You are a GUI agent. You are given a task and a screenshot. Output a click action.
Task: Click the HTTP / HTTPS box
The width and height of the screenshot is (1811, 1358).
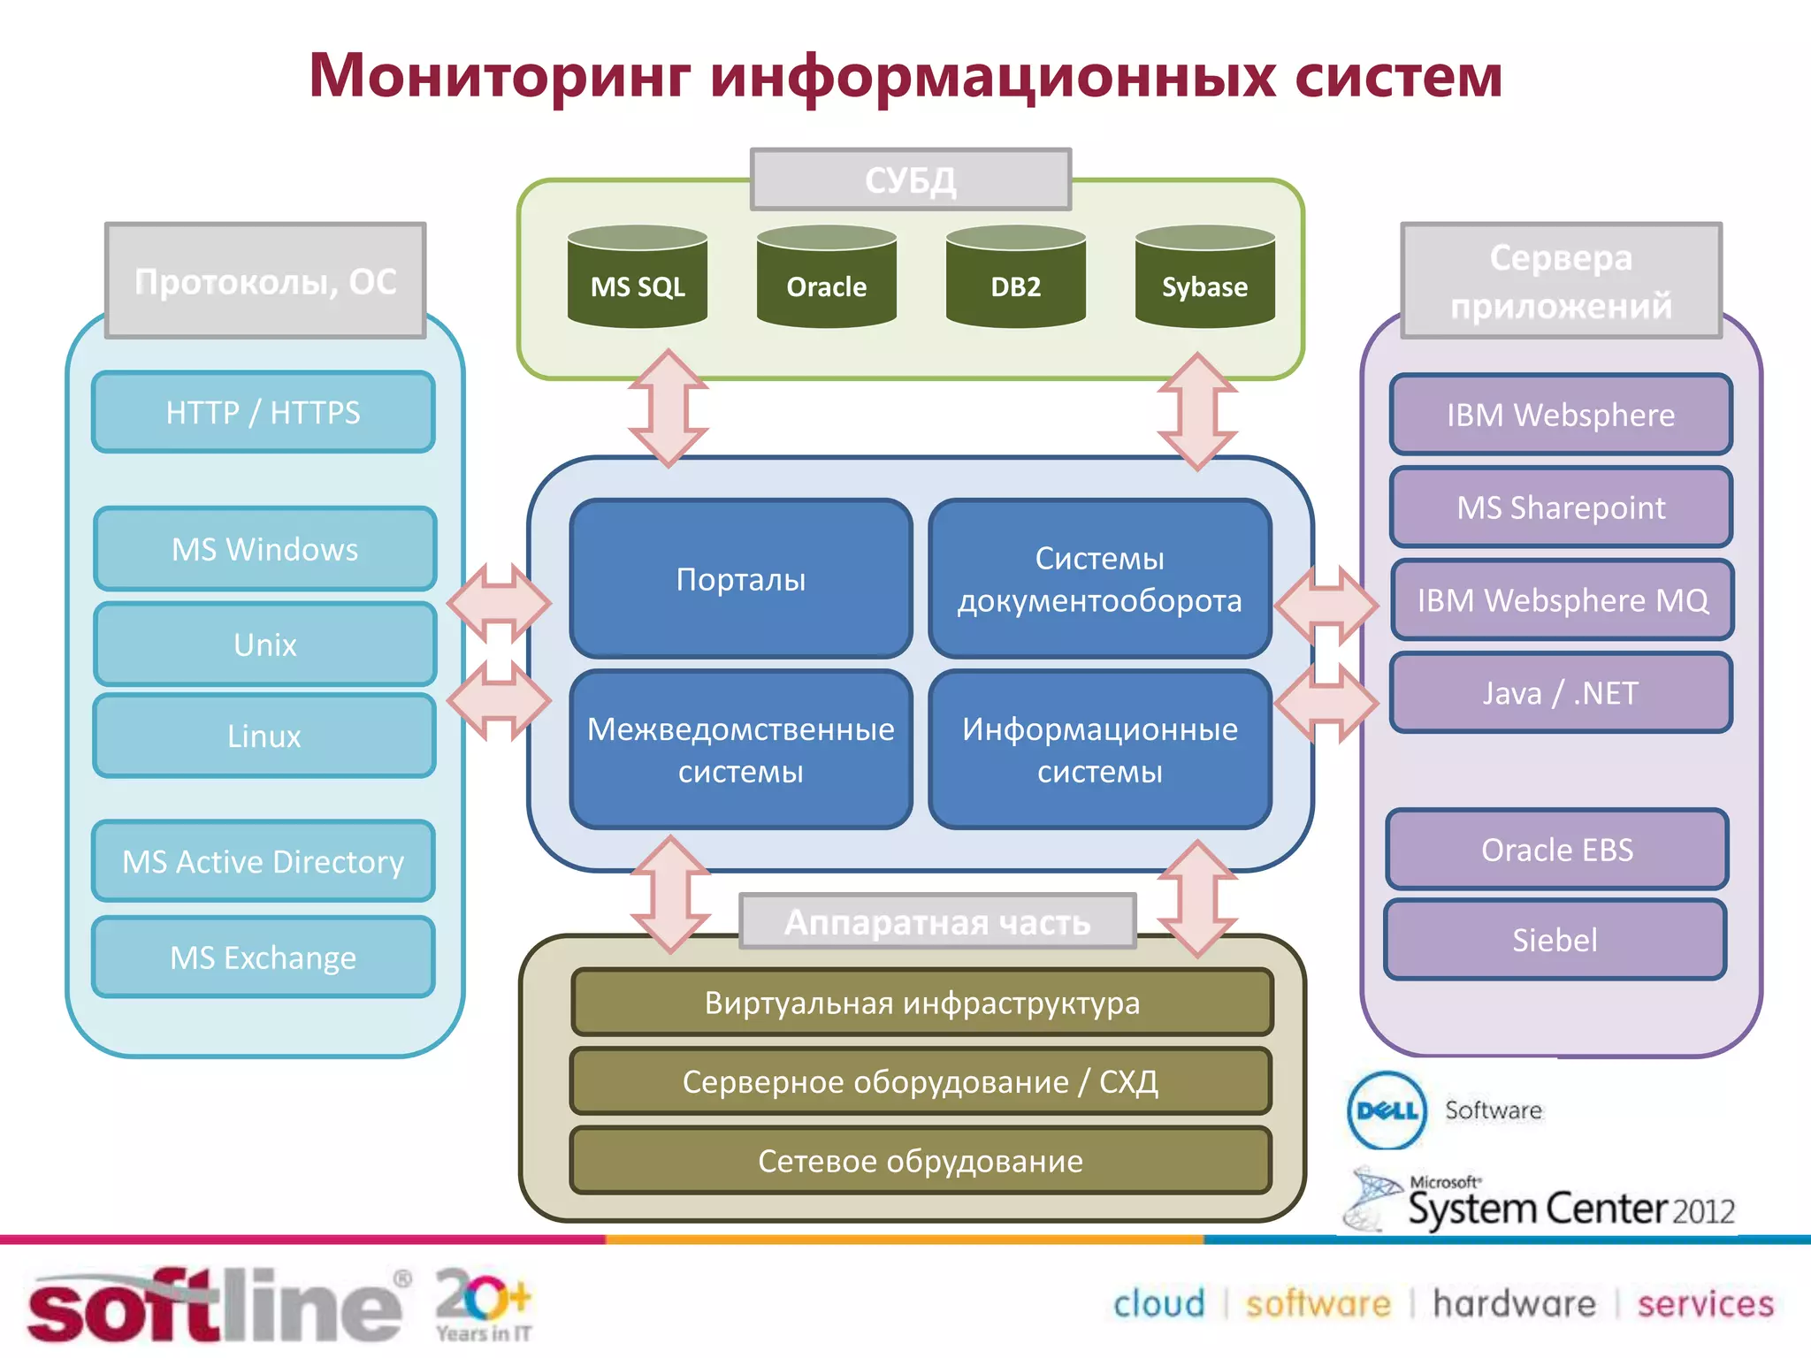pyautogui.click(x=264, y=412)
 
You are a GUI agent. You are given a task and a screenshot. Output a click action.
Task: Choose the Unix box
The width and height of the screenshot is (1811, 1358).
pyautogui.click(x=265, y=645)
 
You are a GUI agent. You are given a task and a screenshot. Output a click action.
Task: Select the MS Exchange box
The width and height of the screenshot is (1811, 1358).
pyautogui.click(x=264, y=957)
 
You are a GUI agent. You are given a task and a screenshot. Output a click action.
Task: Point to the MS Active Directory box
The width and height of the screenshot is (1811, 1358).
pyautogui.click(x=264, y=861)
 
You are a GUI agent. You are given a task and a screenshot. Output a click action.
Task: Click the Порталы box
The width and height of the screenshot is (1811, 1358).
pyautogui.click(x=741, y=579)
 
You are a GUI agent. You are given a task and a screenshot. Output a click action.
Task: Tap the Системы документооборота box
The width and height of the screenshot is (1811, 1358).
pyautogui.click(x=1100, y=579)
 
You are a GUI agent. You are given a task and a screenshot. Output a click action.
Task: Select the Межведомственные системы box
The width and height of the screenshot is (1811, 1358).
pyautogui.click(x=741, y=750)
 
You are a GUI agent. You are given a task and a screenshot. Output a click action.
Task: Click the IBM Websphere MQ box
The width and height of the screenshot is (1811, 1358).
pyautogui.click(x=1563, y=600)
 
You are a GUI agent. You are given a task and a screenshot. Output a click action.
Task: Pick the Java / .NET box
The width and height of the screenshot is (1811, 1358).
pyautogui.click(x=1561, y=693)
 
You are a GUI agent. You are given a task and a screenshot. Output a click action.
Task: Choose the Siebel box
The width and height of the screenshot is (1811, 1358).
pyautogui.click(x=1555, y=940)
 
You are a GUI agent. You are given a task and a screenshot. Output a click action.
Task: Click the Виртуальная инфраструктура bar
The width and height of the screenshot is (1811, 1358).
pyautogui.click(x=921, y=1003)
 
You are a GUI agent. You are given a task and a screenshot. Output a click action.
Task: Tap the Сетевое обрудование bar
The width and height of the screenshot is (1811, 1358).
pyautogui.click(x=921, y=1161)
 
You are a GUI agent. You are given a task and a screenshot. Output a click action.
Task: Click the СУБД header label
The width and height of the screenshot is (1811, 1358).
pyautogui.click(x=911, y=179)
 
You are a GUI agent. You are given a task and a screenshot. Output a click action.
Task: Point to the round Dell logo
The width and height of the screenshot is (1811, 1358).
pyautogui.click(x=1387, y=1110)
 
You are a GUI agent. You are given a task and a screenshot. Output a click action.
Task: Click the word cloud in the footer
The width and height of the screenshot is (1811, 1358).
pyautogui.click(x=1158, y=1304)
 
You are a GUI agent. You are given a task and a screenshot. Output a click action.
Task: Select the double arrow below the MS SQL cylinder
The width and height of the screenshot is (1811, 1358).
pyautogui.click(x=669, y=408)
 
